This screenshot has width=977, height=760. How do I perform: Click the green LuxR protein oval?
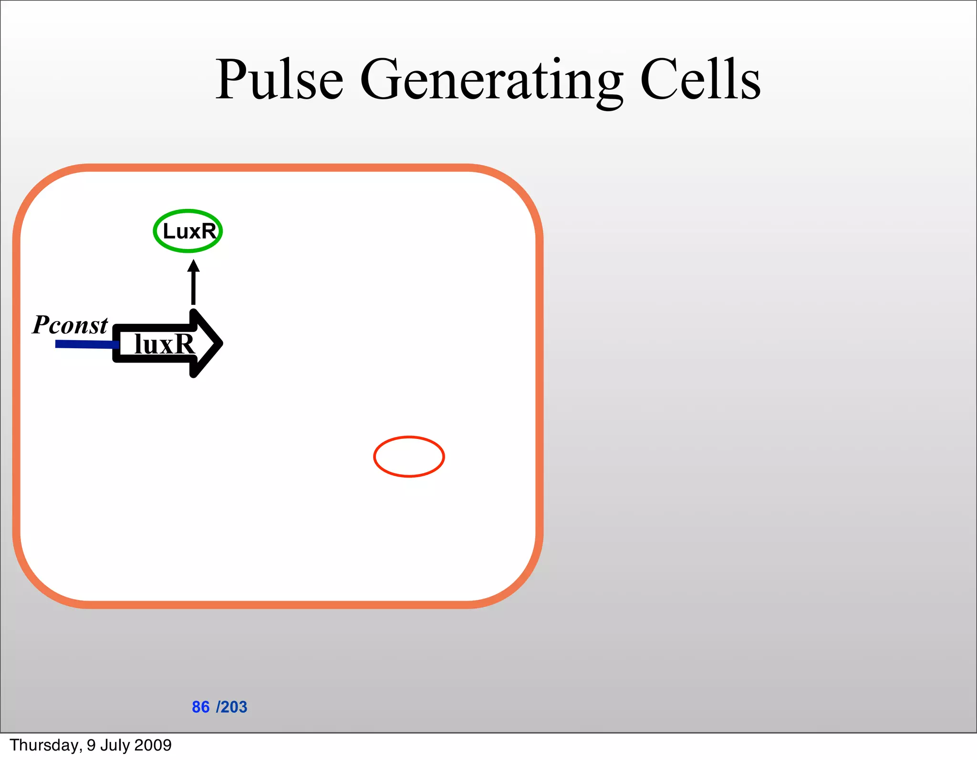click(188, 231)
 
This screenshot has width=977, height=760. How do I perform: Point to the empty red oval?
click(409, 457)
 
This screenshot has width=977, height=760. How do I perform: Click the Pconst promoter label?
click(70, 325)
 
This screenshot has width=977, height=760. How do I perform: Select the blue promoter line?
click(86, 344)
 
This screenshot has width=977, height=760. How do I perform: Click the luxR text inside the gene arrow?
click(164, 344)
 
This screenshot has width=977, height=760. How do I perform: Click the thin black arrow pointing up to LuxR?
click(193, 286)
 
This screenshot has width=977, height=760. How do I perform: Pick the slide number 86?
click(200, 707)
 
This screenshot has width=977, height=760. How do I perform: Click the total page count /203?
click(232, 707)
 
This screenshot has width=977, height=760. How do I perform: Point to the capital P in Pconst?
click(41, 325)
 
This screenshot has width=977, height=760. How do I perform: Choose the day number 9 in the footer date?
click(91, 745)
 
